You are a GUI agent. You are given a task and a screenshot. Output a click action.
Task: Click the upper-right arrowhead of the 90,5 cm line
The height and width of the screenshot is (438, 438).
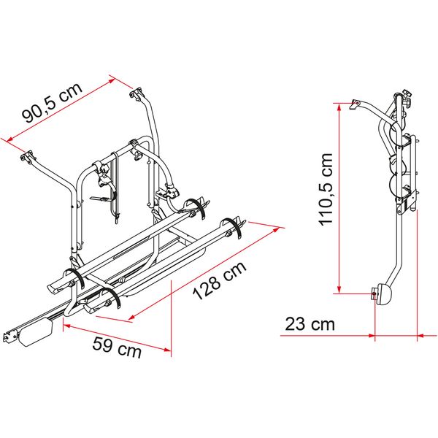(x=112, y=76)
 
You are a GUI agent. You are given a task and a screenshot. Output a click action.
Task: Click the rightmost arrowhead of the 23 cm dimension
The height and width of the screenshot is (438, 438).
(x=419, y=336)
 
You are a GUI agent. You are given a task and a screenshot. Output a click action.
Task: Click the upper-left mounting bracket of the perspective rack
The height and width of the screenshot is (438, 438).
(x=30, y=156)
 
